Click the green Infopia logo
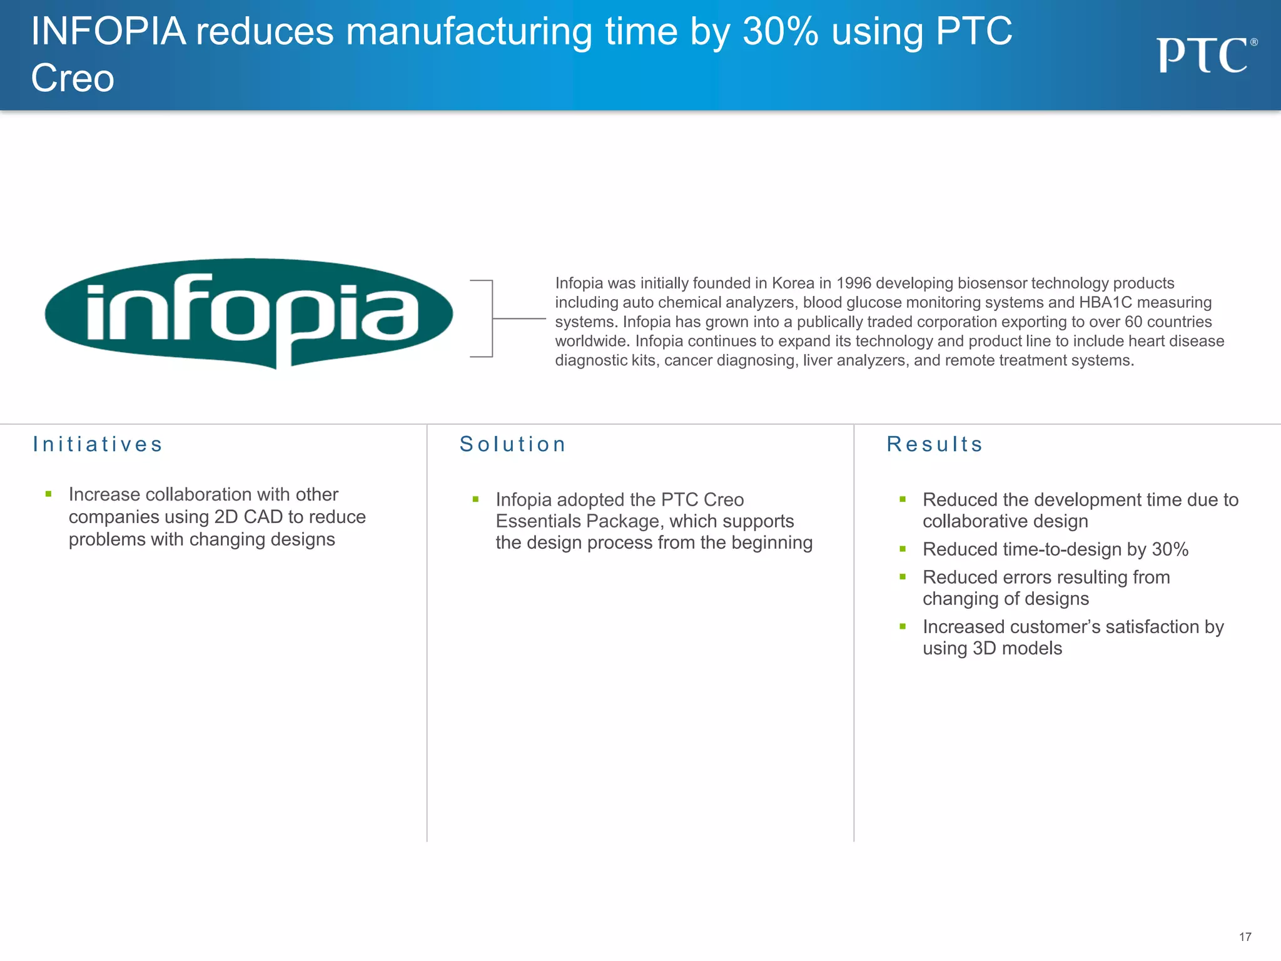tap(249, 313)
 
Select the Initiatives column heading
tap(98, 444)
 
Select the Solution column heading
tap(513, 444)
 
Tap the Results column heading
tap(934, 444)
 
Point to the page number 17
tap(1245, 937)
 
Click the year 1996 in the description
tap(853, 283)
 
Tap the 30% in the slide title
tap(780, 31)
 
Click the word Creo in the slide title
tap(73, 79)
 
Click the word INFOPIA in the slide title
tap(108, 31)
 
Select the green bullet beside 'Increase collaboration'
tap(49, 494)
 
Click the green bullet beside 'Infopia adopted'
tap(475, 499)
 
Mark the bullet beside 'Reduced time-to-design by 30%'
tap(903, 549)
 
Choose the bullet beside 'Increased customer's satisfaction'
tap(903, 626)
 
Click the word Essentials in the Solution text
tap(539, 521)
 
